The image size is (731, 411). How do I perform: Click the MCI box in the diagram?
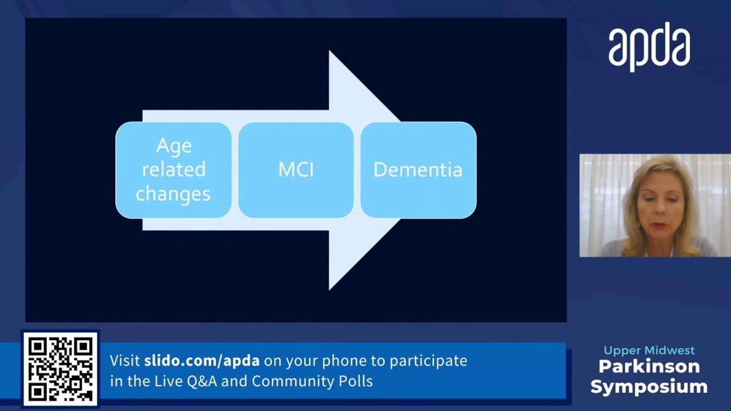pos(296,170)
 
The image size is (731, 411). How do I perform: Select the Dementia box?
pos(418,170)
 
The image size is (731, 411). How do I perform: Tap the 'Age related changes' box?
pos(174,170)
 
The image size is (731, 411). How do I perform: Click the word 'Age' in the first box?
pos(174,146)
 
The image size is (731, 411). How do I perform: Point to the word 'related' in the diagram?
pos(174,170)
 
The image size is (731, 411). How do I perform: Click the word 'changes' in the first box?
pos(173,194)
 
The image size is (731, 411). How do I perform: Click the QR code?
pos(61,368)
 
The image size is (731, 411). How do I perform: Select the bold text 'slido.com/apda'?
pos(202,361)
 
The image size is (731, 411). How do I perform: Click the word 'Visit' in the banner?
pos(124,361)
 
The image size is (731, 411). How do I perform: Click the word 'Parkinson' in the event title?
pos(649,366)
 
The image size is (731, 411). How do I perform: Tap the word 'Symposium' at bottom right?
pos(649,386)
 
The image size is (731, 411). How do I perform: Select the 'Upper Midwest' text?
pos(649,350)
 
